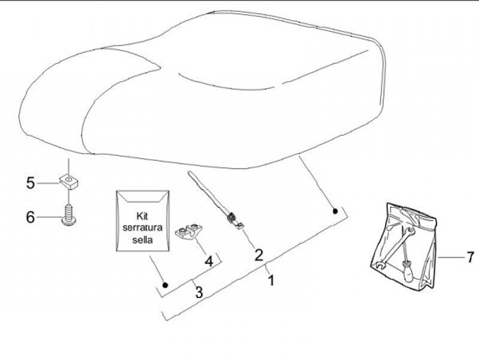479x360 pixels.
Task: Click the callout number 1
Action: pyautogui.click(x=271, y=280)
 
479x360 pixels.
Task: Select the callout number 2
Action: pyautogui.click(x=258, y=254)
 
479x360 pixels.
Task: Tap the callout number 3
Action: pyautogui.click(x=198, y=290)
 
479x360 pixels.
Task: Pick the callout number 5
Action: pyautogui.click(x=29, y=182)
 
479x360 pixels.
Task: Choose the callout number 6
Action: pyautogui.click(x=29, y=217)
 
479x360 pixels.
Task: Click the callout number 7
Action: pyautogui.click(x=470, y=256)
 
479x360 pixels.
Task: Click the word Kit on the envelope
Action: pyautogui.click(x=141, y=216)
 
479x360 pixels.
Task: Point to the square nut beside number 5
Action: pyautogui.click(x=67, y=180)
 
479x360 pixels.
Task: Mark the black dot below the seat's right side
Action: pyautogui.click(x=336, y=211)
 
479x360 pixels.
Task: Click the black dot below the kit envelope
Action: pyautogui.click(x=166, y=285)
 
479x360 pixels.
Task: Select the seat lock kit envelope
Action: pyautogui.click(x=142, y=222)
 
